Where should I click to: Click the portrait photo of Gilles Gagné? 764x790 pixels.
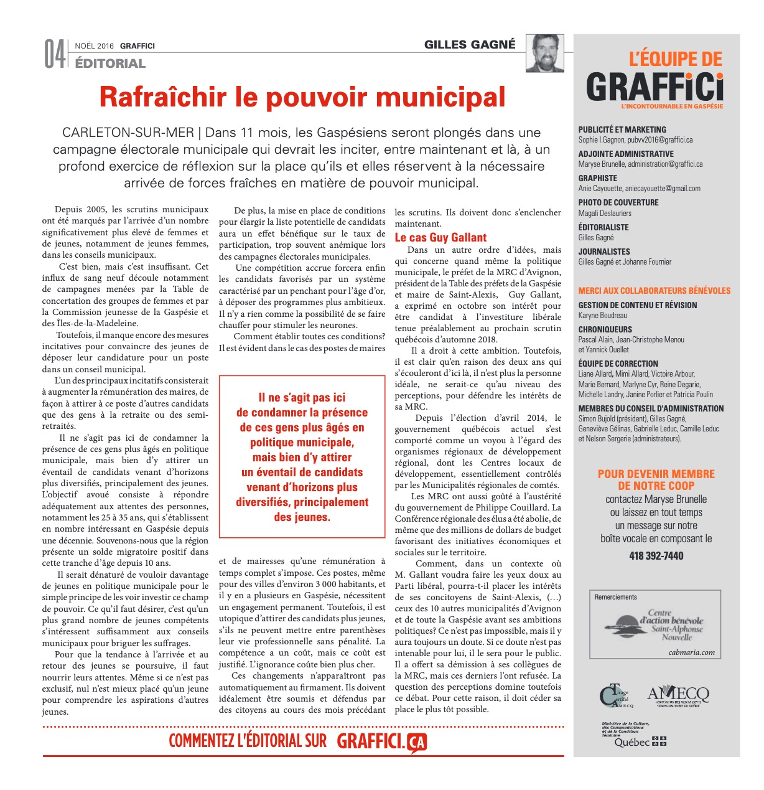point(544,53)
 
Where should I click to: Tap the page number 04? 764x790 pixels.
point(54,55)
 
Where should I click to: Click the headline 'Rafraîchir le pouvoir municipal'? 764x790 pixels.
point(302,97)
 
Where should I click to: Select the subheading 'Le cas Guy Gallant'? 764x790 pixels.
point(440,237)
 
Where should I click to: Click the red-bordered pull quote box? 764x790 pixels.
point(302,456)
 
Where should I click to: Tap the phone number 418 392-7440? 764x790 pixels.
point(656,555)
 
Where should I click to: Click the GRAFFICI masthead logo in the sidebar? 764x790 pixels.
point(655,87)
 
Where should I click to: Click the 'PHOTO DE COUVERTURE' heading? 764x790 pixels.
point(618,202)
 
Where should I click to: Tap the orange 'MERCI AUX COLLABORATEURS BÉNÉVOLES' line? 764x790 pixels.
point(655,291)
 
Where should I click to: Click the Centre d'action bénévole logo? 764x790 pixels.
point(657,625)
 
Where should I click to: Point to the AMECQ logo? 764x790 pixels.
point(678,696)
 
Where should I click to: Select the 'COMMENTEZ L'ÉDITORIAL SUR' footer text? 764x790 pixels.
point(248,740)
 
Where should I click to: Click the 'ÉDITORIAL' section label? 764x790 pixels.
point(110,63)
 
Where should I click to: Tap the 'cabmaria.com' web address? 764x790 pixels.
point(691,652)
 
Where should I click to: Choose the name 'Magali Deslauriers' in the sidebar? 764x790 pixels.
point(604,213)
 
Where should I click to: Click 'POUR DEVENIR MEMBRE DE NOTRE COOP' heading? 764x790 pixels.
point(656,479)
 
